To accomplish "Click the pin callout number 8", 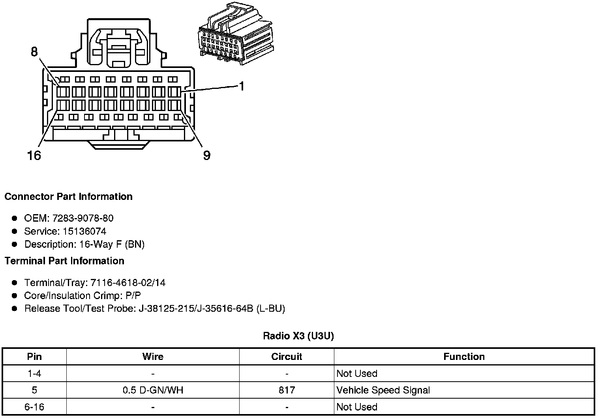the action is click(34, 52).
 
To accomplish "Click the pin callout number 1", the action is click(242, 87).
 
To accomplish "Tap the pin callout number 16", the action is click(34, 156).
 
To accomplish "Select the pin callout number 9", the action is click(206, 156).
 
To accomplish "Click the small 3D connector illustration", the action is click(234, 35).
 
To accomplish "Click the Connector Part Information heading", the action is click(68, 197).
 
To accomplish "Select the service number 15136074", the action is click(84, 231).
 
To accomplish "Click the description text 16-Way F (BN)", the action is click(112, 244).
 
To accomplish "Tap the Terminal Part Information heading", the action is click(64, 261).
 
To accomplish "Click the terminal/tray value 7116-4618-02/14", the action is click(128, 282).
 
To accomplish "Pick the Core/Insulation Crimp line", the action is click(82, 296).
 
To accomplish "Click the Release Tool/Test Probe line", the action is click(154, 309).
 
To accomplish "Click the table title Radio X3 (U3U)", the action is click(298, 336).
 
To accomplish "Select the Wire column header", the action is click(153, 357).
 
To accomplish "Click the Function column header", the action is click(464, 357).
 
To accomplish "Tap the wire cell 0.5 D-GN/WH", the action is click(153, 390).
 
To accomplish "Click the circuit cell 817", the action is click(287, 390).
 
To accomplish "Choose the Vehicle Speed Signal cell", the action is click(383, 390).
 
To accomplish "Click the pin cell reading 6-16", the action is click(34, 407).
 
